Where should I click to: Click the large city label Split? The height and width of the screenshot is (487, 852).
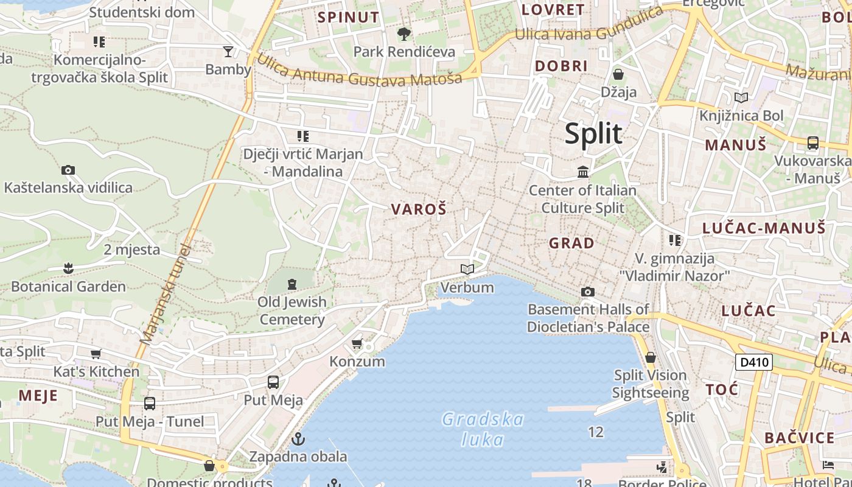(593, 133)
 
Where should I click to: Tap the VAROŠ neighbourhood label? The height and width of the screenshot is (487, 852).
(419, 209)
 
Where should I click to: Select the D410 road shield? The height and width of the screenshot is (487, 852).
(753, 363)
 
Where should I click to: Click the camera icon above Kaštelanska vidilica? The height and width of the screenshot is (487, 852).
(68, 170)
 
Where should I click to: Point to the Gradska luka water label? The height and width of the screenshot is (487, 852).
(482, 429)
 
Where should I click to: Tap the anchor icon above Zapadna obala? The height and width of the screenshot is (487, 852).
(298, 438)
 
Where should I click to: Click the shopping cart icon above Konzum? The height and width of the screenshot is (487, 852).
(357, 343)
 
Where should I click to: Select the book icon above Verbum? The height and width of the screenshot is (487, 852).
(467, 269)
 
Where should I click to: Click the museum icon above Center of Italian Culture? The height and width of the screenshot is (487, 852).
(583, 172)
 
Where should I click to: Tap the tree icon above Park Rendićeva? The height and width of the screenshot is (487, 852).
(403, 33)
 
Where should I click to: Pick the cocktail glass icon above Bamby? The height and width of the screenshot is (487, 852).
(228, 51)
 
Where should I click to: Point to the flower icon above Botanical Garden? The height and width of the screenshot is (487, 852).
(68, 268)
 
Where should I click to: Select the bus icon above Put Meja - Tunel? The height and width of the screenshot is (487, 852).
(150, 403)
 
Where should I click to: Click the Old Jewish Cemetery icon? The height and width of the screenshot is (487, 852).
(292, 284)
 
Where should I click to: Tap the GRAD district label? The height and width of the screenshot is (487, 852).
(571, 243)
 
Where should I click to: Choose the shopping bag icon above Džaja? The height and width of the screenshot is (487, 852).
(618, 74)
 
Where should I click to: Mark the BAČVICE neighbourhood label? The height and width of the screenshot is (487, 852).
(800, 438)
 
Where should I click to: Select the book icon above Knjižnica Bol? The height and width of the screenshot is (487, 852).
(741, 97)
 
